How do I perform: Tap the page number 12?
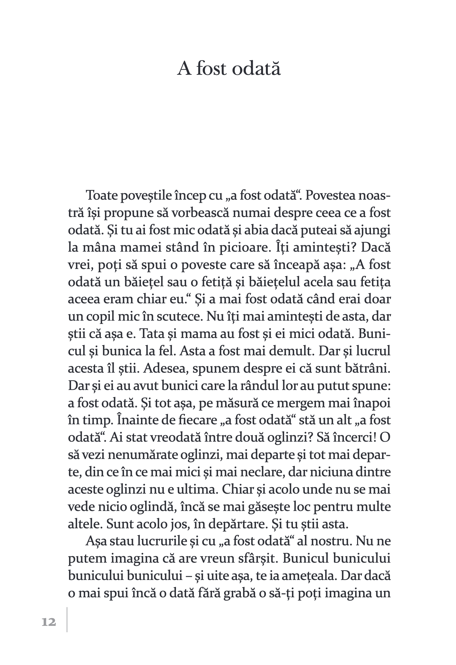49,622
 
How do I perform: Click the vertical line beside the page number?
67,619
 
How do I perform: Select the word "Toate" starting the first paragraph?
101,196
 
